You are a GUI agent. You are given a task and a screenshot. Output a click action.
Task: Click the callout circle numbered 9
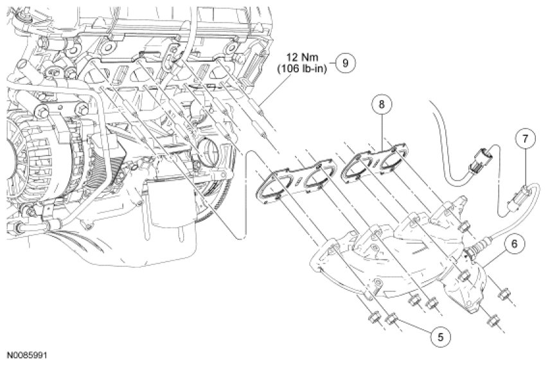tap(345, 63)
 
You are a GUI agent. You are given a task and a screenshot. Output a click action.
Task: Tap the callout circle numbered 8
tap(382, 104)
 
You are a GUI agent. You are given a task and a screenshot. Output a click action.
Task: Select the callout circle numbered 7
tap(525, 139)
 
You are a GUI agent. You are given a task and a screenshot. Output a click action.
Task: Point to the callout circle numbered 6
tap(514, 244)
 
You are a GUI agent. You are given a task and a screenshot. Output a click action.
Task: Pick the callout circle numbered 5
tap(441, 336)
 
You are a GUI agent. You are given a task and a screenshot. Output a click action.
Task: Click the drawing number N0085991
tap(28, 355)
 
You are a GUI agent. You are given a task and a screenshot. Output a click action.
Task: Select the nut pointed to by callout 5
tap(393, 317)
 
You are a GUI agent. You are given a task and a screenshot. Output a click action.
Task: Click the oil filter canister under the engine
tap(170, 203)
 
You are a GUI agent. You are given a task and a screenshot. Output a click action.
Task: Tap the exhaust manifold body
tap(396, 256)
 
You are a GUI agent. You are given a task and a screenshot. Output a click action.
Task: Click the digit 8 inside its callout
tap(382, 104)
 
